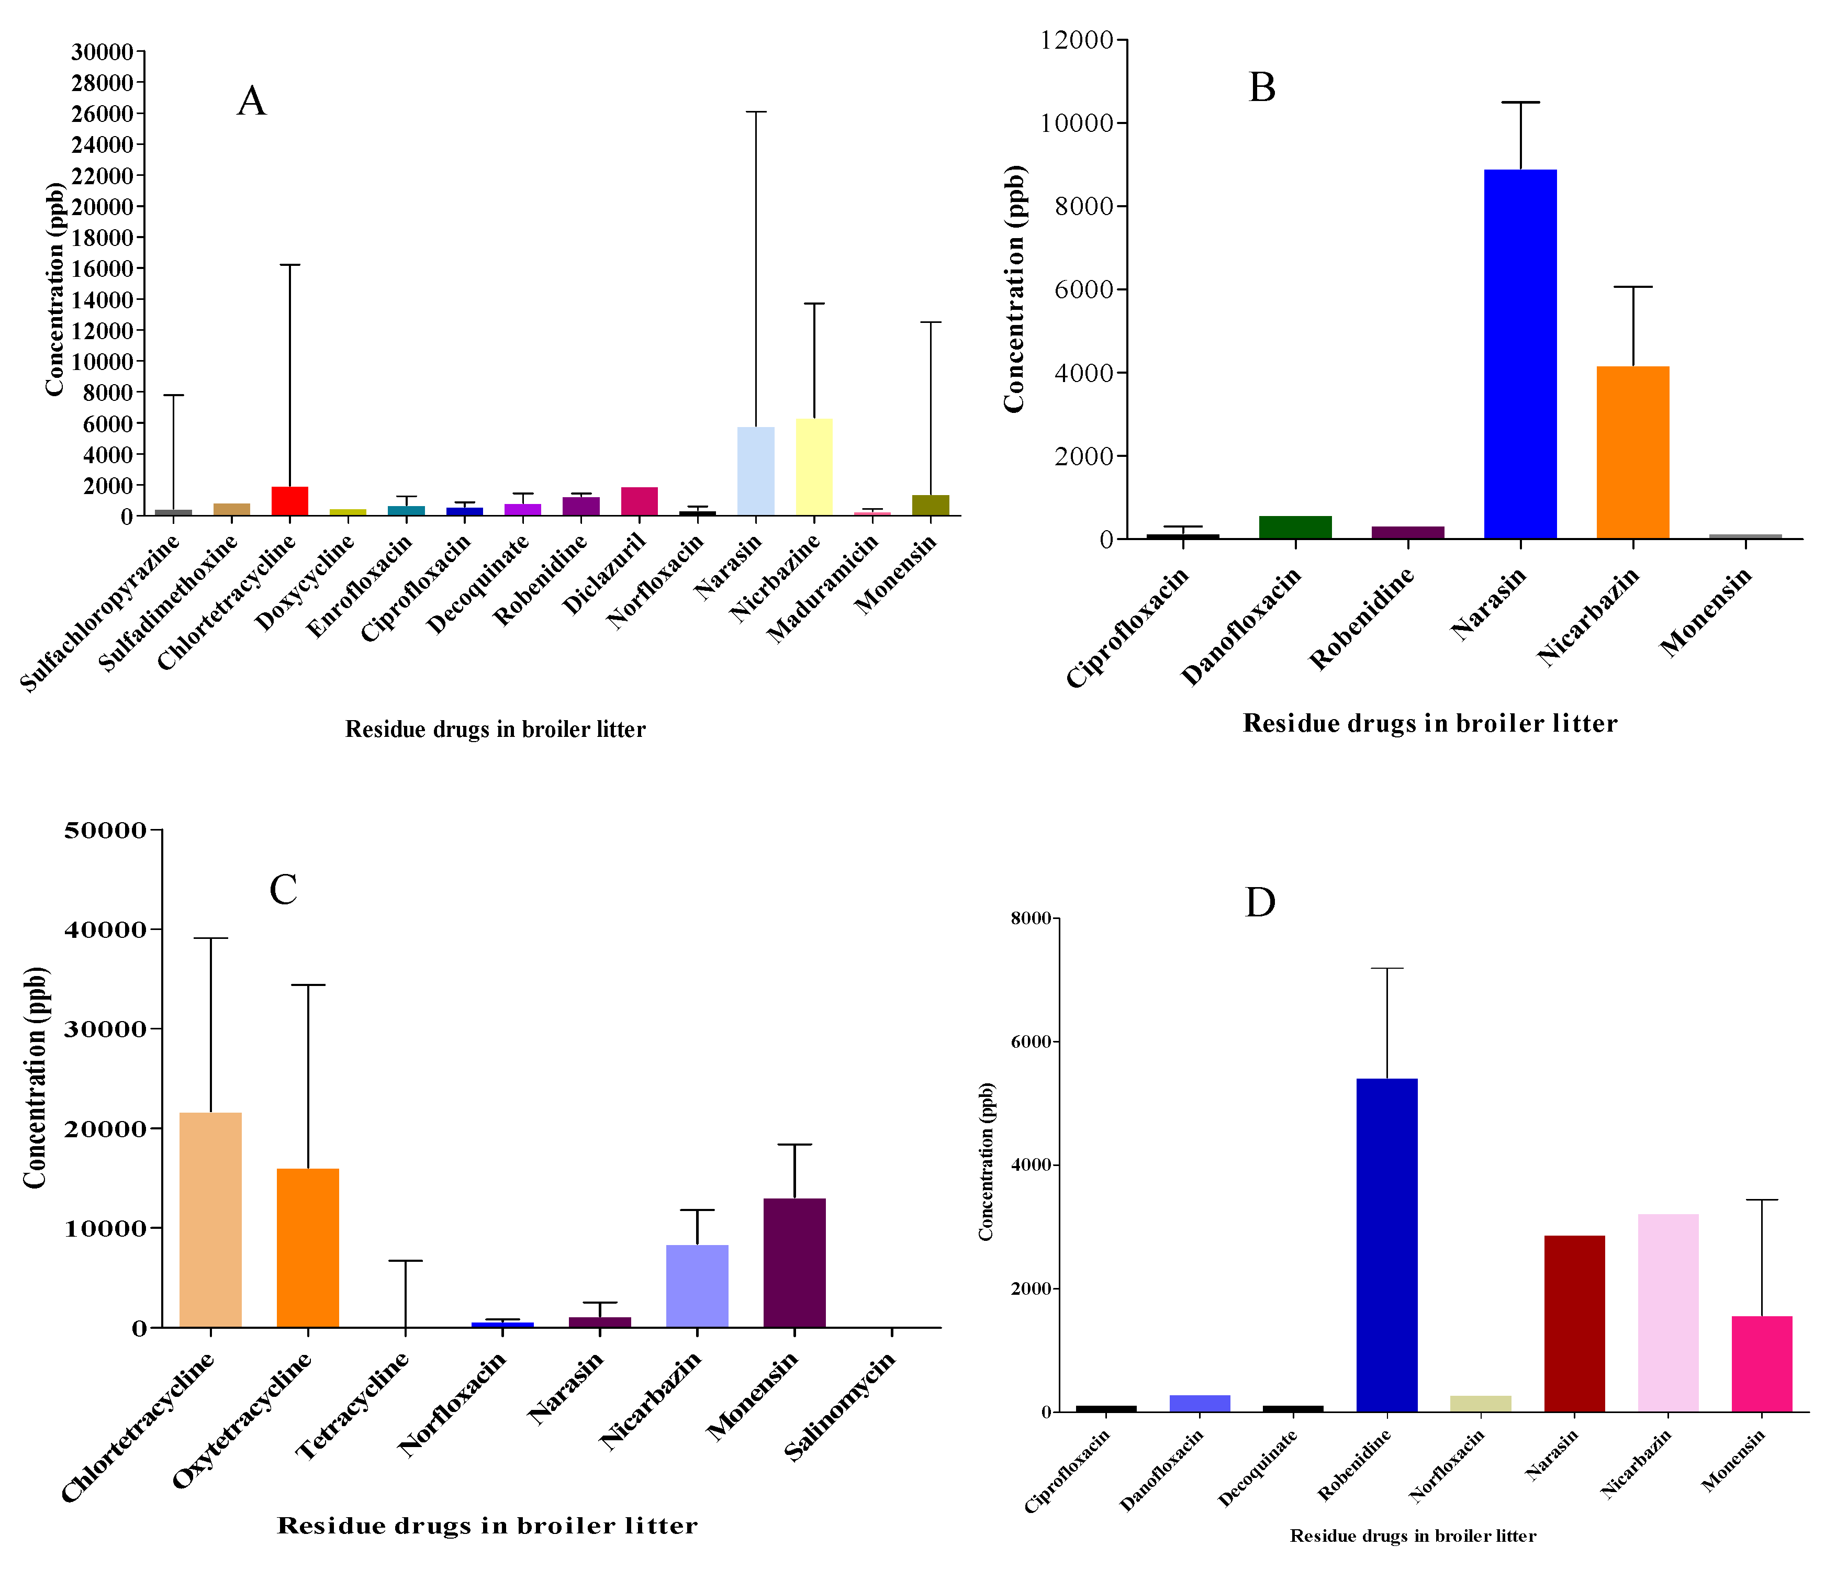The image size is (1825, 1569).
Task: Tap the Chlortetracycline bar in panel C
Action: [210, 1219]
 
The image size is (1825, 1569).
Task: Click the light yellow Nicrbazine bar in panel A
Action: [814, 467]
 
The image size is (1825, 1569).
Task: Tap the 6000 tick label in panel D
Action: [1032, 1041]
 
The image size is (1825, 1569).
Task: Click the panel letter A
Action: [251, 102]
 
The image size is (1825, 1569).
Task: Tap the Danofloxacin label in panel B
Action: [1241, 626]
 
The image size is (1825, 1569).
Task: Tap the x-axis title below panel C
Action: [487, 1525]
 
